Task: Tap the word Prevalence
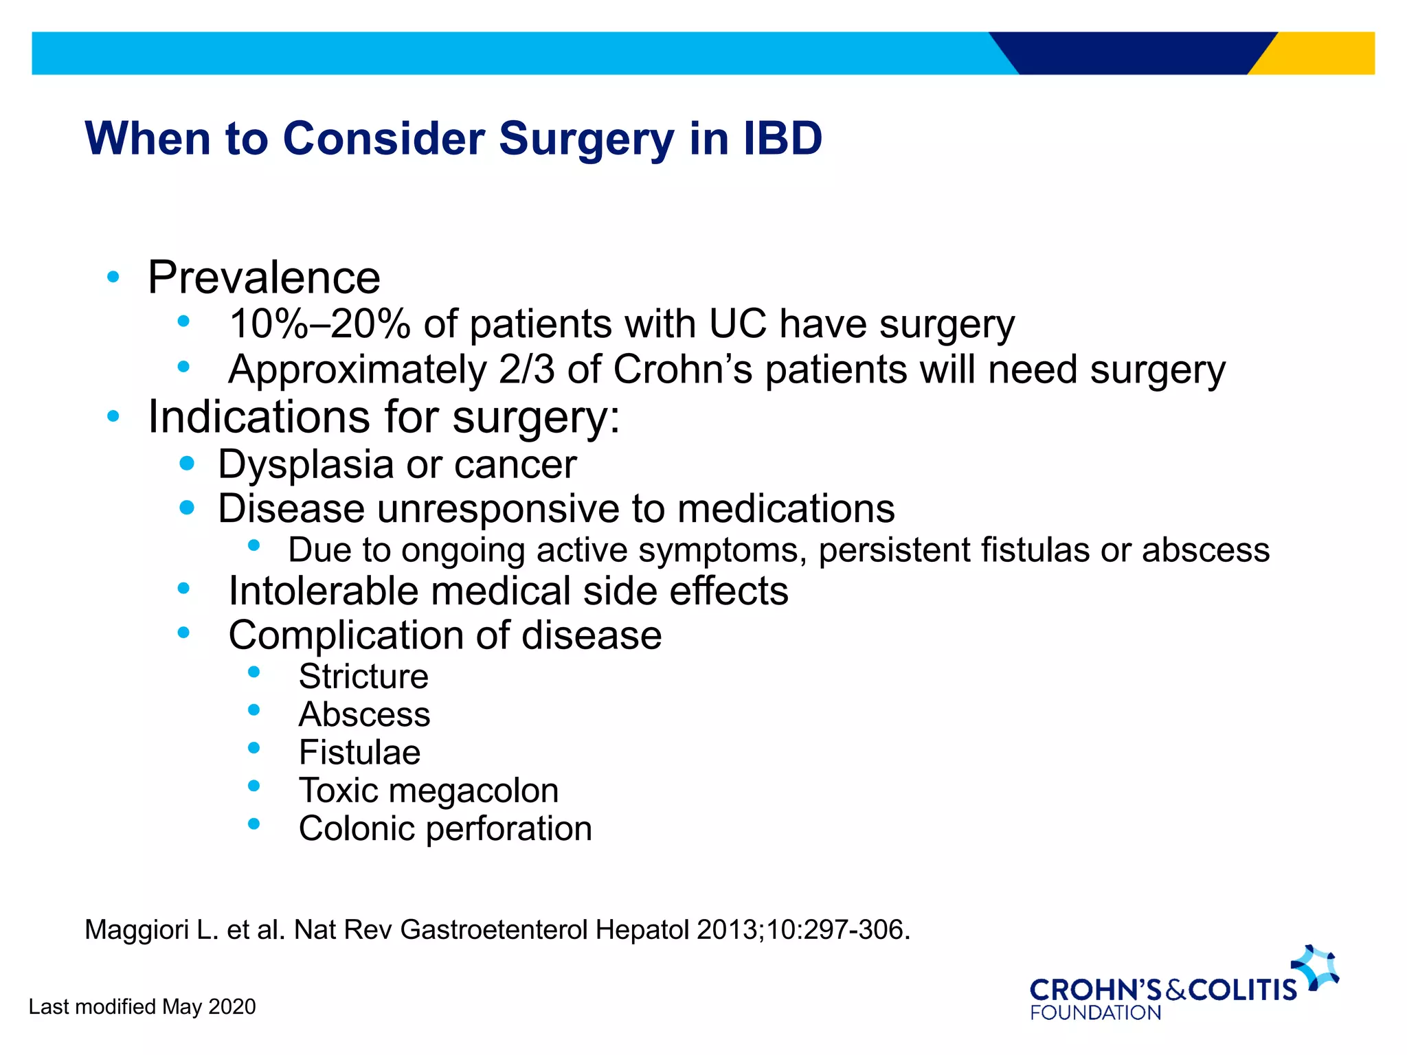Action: [264, 277]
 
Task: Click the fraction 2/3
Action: [526, 370]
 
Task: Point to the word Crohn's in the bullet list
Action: [682, 370]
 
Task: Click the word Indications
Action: [259, 417]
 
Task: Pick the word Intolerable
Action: [323, 591]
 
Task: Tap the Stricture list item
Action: [363, 677]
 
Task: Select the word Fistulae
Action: [359, 753]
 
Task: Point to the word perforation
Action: [508, 829]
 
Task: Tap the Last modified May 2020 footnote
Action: [142, 1007]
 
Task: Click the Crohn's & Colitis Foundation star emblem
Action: [1315, 967]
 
